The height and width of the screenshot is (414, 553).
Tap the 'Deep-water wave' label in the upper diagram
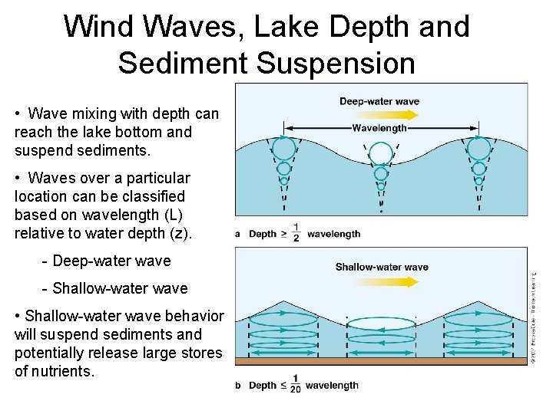click(x=379, y=101)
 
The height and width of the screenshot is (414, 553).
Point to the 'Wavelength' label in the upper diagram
click(x=379, y=128)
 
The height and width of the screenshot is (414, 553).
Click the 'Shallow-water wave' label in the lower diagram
click(x=382, y=267)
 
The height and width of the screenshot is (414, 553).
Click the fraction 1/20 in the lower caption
click(x=295, y=385)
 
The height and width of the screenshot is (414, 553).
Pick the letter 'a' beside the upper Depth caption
click(x=238, y=234)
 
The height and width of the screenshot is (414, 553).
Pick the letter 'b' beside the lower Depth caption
click(x=238, y=386)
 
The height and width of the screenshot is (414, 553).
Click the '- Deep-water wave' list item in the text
click(x=107, y=261)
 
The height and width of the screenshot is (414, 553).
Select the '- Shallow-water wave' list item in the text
click(x=114, y=288)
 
